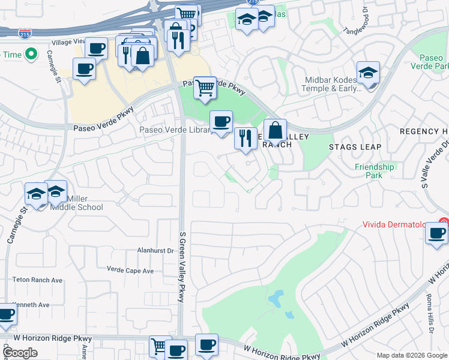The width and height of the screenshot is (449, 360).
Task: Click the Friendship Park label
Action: (x=374, y=171)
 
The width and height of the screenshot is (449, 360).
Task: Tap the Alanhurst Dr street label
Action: (x=155, y=251)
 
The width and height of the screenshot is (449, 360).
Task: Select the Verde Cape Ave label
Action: (x=130, y=271)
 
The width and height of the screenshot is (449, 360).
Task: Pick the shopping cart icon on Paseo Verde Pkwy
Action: (x=205, y=88)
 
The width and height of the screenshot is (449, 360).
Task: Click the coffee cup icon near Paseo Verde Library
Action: (x=221, y=122)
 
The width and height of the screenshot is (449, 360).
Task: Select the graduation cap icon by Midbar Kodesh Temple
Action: (x=368, y=73)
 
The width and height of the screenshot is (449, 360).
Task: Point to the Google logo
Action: (x=20, y=353)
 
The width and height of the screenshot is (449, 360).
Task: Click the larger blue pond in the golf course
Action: (x=276, y=298)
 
